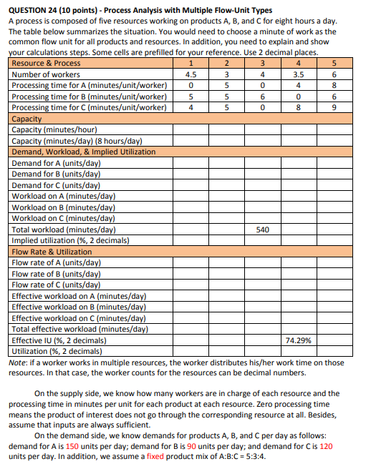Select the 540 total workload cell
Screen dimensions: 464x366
tap(263, 230)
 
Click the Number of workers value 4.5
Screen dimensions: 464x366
tap(191, 74)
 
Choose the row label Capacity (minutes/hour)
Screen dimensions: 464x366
tap(56, 130)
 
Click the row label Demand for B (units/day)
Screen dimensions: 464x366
tap(56, 174)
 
